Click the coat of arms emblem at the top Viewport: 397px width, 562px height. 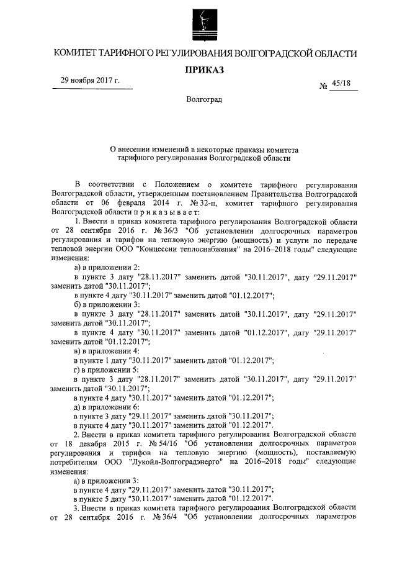coord(199,22)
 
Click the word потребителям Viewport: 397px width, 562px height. coord(78,462)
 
